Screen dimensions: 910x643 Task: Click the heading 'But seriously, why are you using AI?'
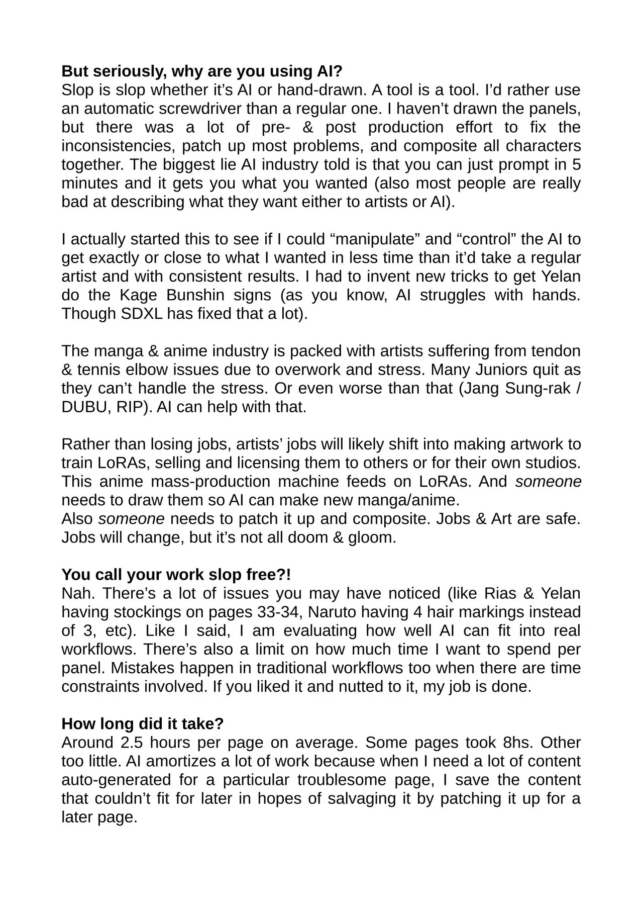[201, 71]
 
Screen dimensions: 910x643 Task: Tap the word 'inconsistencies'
[117, 146]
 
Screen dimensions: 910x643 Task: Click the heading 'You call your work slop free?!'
[176, 574]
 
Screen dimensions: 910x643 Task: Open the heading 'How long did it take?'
[142, 723]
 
